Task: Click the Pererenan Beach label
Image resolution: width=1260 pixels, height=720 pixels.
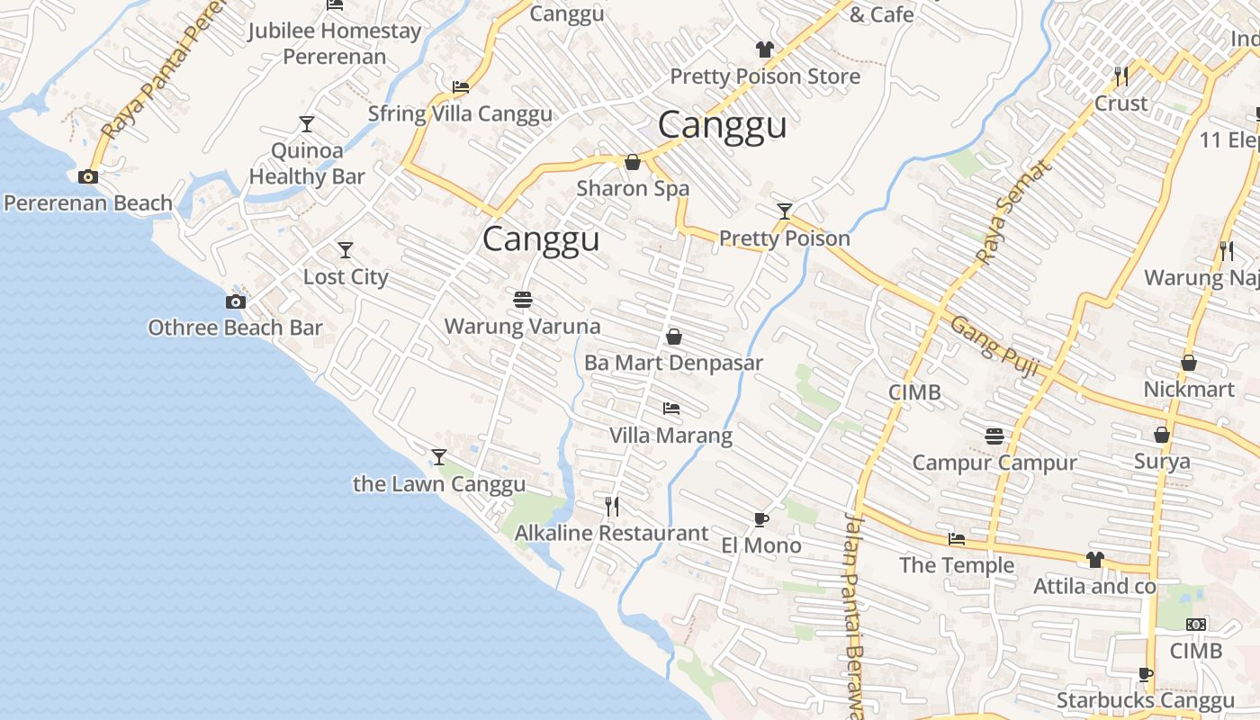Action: pyautogui.click(x=88, y=202)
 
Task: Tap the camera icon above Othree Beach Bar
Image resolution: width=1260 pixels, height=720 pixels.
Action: pyautogui.click(x=236, y=301)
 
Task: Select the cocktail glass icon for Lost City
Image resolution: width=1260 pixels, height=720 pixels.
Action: pyautogui.click(x=346, y=250)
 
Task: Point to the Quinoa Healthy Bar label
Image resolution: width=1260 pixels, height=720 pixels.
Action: pyautogui.click(x=307, y=164)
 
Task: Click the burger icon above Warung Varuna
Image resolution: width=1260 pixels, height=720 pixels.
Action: pyautogui.click(x=523, y=299)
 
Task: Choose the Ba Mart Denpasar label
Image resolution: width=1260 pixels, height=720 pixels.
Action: pyautogui.click(x=673, y=363)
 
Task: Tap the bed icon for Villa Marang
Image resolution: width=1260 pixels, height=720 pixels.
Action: pyautogui.click(x=671, y=409)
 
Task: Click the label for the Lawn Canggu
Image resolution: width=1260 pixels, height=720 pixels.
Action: pyautogui.click(x=439, y=484)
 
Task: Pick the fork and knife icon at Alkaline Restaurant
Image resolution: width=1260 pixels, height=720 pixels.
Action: pyautogui.click(x=612, y=507)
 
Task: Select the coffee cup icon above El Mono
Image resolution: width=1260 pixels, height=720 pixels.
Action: pyautogui.click(x=761, y=519)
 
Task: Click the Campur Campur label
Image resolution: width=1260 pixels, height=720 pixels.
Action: pyautogui.click(x=994, y=463)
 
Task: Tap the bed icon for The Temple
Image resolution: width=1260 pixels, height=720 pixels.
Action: pyautogui.click(x=957, y=539)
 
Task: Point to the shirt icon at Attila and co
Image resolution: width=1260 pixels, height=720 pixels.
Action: pyautogui.click(x=1094, y=560)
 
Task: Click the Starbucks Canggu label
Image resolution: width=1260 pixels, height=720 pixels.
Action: pyautogui.click(x=1146, y=700)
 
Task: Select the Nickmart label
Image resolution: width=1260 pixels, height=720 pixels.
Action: pyautogui.click(x=1189, y=390)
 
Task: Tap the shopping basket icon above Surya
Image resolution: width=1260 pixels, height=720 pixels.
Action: pyautogui.click(x=1162, y=435)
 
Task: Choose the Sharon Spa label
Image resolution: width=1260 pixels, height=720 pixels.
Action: pyautogui.click(x=633, y=188)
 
